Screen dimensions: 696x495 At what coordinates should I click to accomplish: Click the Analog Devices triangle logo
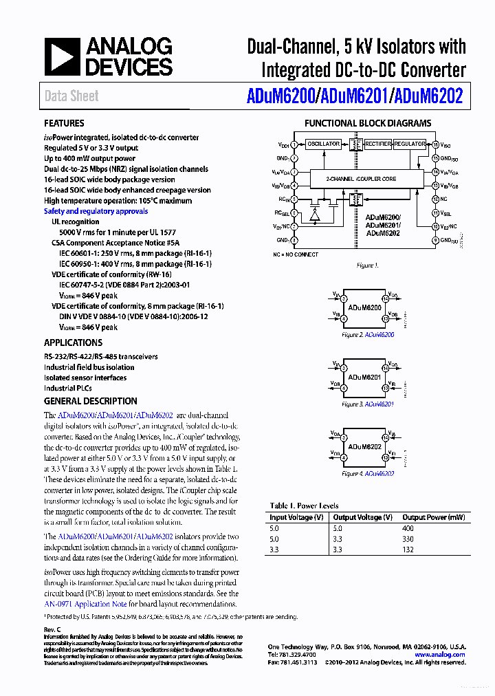(x=62, y=57)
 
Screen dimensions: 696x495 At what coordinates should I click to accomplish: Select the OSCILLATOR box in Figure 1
(x=323, y=144)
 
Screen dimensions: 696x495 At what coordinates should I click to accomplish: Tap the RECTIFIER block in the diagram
(x=378, y=144)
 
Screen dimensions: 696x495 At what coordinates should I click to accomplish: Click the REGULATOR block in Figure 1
(x=410, y=144)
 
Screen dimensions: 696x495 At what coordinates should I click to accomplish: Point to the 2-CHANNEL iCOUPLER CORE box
(x=360, y=179)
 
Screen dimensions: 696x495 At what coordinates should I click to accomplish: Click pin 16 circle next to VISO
(x=435, y=144)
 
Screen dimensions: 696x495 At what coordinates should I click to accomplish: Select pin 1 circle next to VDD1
(x=294, y=144)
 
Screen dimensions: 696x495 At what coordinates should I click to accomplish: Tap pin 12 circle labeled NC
(x=435, y=199)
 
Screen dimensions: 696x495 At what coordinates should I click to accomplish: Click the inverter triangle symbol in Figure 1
(x=314, y=215)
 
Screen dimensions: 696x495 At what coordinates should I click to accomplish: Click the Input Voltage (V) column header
(x=296, y=517)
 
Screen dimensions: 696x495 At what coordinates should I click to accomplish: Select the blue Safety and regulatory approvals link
(x=96, y=211)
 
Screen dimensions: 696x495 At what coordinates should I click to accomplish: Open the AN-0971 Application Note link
(x=82, y=604)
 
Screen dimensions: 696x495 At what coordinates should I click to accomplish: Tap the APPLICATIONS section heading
(x=73, y=342)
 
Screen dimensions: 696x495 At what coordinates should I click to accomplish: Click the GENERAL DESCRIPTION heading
(x=90, y=401)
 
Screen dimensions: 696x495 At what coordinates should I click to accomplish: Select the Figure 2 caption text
(x=368, y=335)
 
